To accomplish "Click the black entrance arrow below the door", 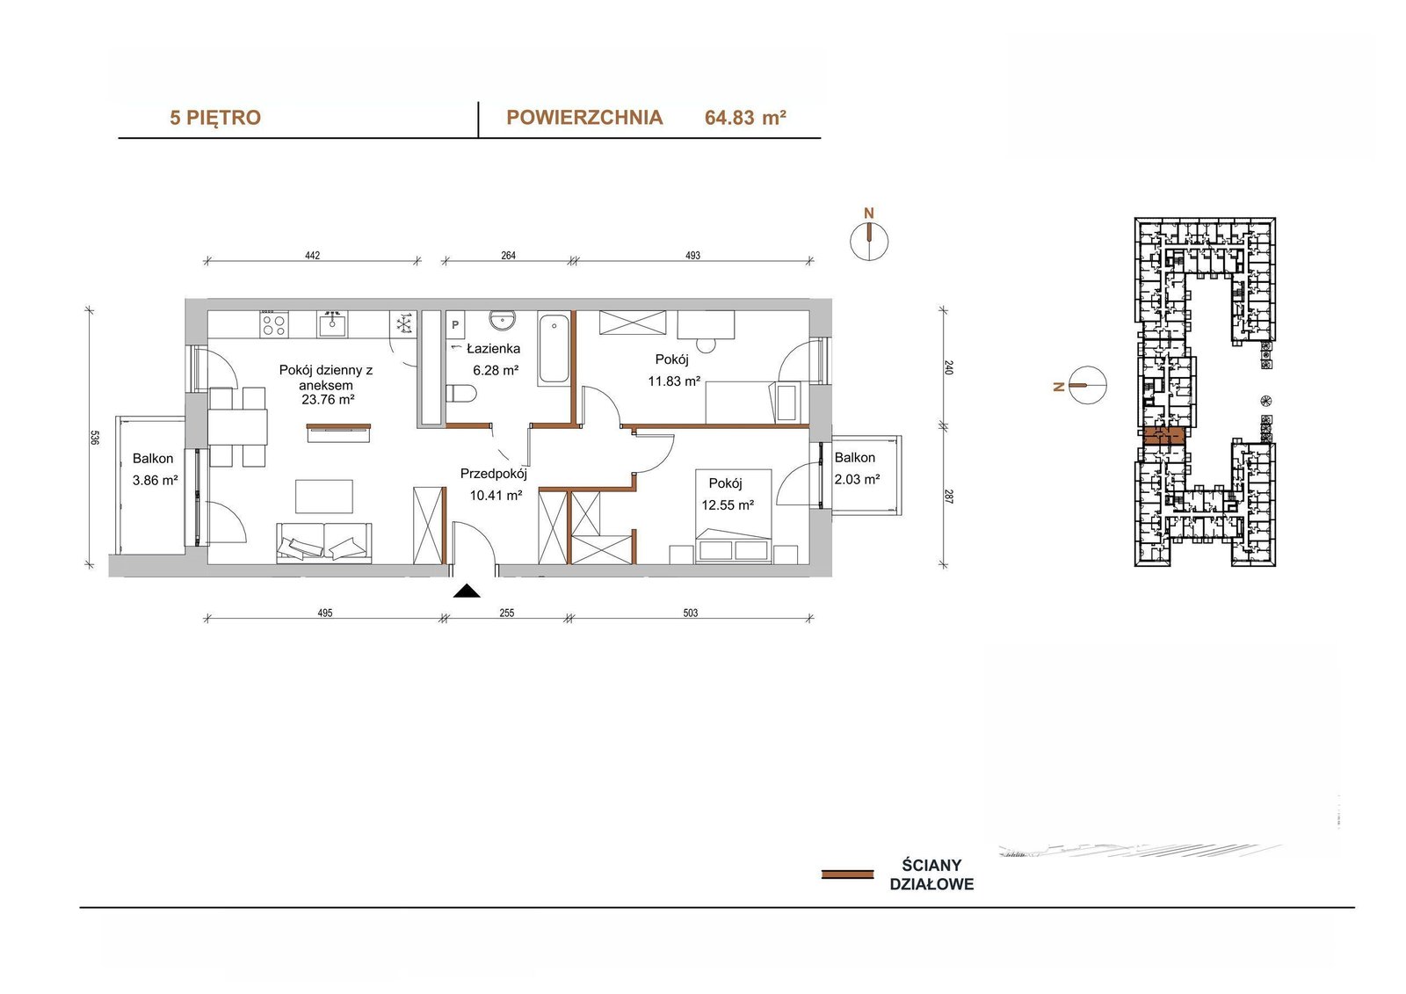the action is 467,591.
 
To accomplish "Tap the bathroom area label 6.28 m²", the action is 496,371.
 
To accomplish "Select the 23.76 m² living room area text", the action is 328,399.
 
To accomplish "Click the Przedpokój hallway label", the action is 493,474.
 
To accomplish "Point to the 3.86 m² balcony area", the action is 155,481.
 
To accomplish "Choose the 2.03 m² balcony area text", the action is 857,480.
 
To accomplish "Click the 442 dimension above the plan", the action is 313,256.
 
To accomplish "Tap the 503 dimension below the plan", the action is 691,613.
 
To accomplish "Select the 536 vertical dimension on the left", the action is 94,438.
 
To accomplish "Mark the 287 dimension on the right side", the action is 948,497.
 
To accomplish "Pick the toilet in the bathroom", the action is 461,394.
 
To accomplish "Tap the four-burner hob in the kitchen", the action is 274,324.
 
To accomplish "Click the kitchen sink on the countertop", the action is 332,324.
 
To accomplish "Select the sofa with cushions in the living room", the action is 324,542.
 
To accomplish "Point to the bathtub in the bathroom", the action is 554,350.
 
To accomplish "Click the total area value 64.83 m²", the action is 746,118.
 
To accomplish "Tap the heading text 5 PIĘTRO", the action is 215,118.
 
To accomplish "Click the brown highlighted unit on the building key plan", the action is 1163,436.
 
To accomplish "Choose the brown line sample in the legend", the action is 847,874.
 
